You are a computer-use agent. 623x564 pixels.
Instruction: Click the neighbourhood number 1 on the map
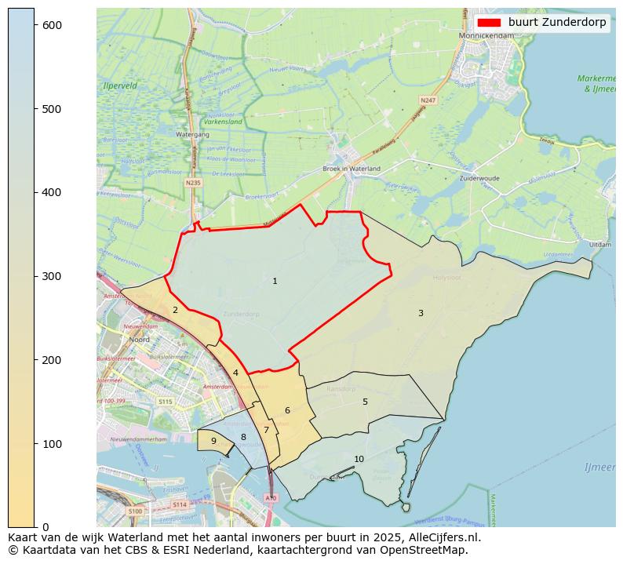click(275, 281)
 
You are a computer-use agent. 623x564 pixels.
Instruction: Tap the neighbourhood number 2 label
click(175, 310)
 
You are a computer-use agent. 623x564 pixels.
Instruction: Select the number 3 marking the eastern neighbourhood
click(421, 313)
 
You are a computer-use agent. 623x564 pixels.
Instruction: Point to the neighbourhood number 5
click(365, 402)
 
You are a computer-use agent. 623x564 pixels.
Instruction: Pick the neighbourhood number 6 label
click(287, 410)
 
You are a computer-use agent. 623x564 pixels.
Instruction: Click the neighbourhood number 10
click(359, 459)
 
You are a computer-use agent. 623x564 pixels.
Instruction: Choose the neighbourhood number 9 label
click(213, 441)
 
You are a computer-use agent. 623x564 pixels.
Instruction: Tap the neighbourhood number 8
click(243, 437)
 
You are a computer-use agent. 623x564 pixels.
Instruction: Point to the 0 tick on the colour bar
click(46, 527)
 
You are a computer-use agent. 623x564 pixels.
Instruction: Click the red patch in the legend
click(489, 23)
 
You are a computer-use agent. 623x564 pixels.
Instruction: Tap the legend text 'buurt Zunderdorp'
click(557, 23)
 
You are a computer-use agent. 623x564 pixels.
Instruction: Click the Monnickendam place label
click(486, 35)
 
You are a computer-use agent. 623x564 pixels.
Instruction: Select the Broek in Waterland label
click(352, 169)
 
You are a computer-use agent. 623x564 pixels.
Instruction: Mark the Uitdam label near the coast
click(600, 245)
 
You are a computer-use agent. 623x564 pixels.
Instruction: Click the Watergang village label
click(192, 134)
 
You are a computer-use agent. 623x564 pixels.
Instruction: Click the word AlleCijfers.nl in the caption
click(440, 538)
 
